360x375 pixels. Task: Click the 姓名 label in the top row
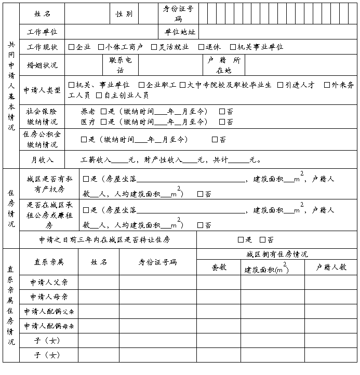tap(42, 14)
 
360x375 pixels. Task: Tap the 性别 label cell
tap(124, 14)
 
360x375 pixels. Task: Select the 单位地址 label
tap(179, 32)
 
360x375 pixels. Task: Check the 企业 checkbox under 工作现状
tap(72, 47)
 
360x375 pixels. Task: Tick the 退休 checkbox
tap(201, 47)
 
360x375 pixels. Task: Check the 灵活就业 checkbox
tap(154, 47)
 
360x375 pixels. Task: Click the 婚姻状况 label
tap(42, 65)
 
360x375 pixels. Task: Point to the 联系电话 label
tap(120, 65)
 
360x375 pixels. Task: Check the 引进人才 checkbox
tap(281, 85)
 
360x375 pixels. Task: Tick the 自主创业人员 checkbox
tap(99, 96)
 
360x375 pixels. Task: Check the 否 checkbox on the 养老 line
tap(222, 111)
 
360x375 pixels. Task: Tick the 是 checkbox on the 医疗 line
tap(104, 122)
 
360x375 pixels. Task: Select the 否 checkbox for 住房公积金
tap(215, 139)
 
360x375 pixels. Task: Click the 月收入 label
tap(42, 160)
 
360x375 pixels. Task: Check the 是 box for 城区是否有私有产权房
tap(86, 179)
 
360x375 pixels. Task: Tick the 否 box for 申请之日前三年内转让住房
tap(262, 239)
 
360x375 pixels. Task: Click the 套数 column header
tap(219, 267)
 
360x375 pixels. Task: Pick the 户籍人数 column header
tap(331, 267)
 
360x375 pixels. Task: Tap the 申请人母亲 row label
tap(48, 297)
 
